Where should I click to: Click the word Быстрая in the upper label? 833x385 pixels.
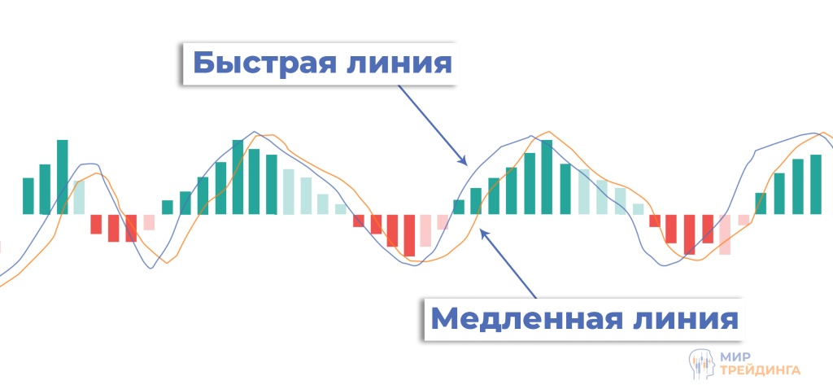tap(258, 63)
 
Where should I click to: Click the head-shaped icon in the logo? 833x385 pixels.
tap(700, 361)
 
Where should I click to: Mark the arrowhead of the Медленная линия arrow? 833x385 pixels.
tap(483, 233)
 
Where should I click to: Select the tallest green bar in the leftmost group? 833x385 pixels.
tap(63, 177)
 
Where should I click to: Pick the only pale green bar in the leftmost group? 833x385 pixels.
tap(79, 197)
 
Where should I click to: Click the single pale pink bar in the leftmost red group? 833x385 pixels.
tap(149, 222)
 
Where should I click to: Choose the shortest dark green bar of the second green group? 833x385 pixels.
tap(168, 208)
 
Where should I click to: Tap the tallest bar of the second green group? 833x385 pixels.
tap(238, 177)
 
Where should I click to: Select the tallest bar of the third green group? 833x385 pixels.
tap(547, 177)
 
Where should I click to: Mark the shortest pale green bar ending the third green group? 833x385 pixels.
tap(638, 209)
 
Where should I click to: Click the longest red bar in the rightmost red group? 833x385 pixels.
tap(690, 234)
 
